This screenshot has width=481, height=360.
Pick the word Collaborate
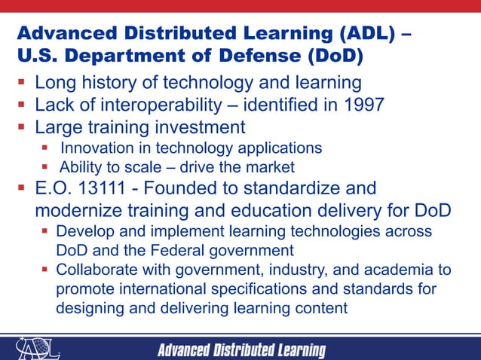pyautogui.click(x=94, y=270)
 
